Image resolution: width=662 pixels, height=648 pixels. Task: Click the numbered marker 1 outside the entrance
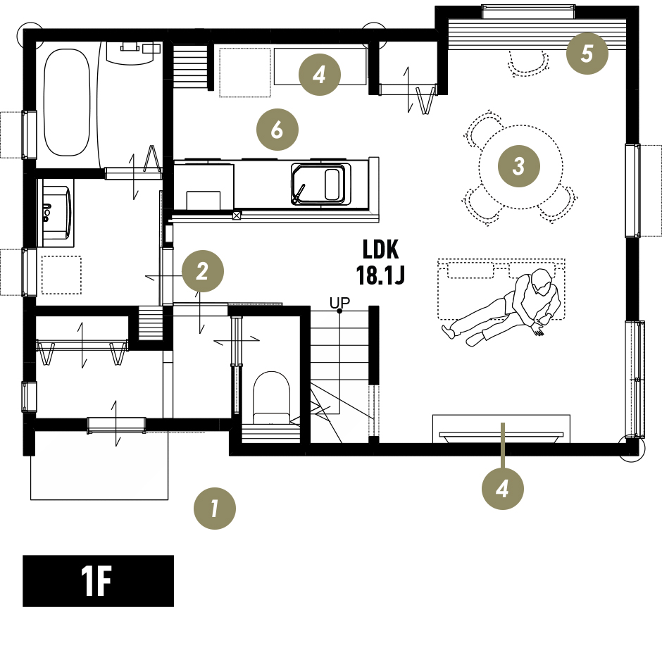coord(215,509)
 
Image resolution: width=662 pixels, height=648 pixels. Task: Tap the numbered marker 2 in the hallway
coord(203,271)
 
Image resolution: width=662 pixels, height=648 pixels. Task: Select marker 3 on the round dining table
coord(519,166)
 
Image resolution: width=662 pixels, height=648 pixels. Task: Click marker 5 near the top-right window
coord(587,54)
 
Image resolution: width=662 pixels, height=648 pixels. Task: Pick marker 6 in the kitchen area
coord(277,130)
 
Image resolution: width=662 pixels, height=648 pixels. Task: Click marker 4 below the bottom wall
coord(502,489)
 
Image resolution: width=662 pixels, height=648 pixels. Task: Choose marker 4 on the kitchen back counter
coord(319,75)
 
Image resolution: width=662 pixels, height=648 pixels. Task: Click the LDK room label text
coord(380,249)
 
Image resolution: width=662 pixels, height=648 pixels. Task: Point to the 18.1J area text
coord(380,275)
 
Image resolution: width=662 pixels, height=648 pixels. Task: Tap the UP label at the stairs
coord(340,303)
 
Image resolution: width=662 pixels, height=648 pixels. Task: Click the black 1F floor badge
coord(98,581)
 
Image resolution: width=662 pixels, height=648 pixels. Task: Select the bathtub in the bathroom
coord(67,103)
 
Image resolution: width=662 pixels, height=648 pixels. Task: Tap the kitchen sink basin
coord(321,185)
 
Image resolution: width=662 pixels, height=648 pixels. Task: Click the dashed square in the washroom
coord(62,275)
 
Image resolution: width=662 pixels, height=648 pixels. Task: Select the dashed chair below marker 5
coord(527,63)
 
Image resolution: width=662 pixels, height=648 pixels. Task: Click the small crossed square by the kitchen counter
coord(237,216)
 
